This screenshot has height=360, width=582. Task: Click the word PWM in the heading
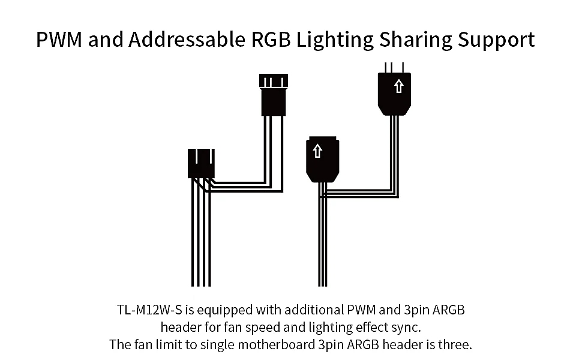[59, 40]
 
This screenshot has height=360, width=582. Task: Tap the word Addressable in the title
[187, 40]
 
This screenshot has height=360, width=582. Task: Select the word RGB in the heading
[271, 40]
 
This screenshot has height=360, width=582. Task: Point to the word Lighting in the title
[335, 40]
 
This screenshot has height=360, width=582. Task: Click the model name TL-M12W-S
[149, 310]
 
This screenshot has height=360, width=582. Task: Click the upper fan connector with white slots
[274, 95]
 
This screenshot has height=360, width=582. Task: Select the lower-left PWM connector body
[201, 163]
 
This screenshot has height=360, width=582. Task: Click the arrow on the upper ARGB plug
[398, 86]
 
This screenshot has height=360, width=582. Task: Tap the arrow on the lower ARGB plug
[317, 151]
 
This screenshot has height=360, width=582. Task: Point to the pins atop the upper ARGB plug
[394, 68]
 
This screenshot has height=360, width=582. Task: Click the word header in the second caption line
[181, 328]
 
